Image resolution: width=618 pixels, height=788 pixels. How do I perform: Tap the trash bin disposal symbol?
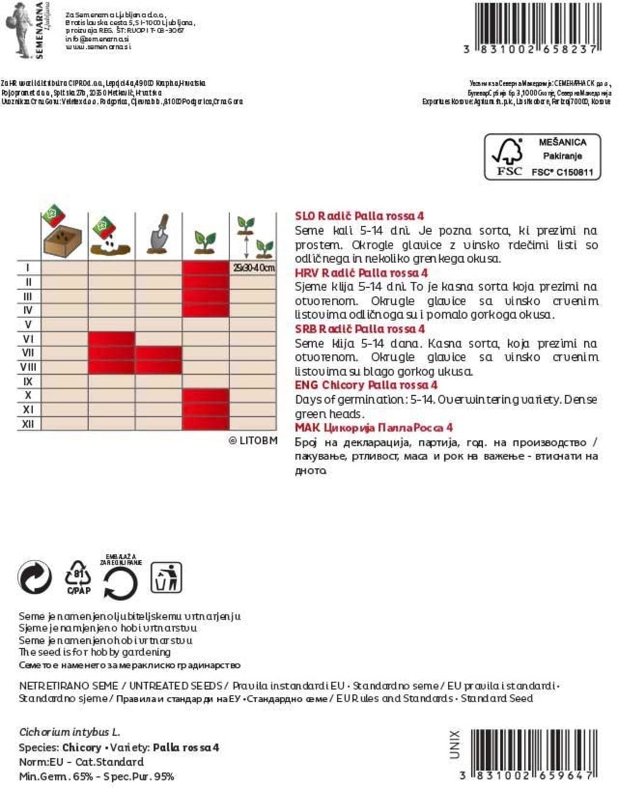pyautogui.click(x=166, y=578)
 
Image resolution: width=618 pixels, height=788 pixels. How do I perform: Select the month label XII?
pyautogui.click(x=28, y=424)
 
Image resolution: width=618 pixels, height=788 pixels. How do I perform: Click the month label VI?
pyautogui.click(x=28, y=339)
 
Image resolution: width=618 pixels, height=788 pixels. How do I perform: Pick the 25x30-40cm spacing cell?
pyautogui.click(x=253, y=268)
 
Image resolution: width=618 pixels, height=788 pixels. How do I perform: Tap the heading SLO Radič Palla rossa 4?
pyautogui.click(x=359, y=216)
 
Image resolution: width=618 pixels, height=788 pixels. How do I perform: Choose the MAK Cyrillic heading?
pyautogui.click(x=374, y=428)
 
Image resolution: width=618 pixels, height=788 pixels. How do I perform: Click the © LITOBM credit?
pyautogui.click(x=253, y=440)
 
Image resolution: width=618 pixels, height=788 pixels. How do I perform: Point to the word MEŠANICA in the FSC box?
pyautogui.click(x=562, y=142)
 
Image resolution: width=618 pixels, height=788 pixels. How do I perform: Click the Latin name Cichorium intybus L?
pyautogui.click(x=69, y=732)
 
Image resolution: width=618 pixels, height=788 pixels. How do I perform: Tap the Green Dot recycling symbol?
pyautogui.click(x=35, y=577)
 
